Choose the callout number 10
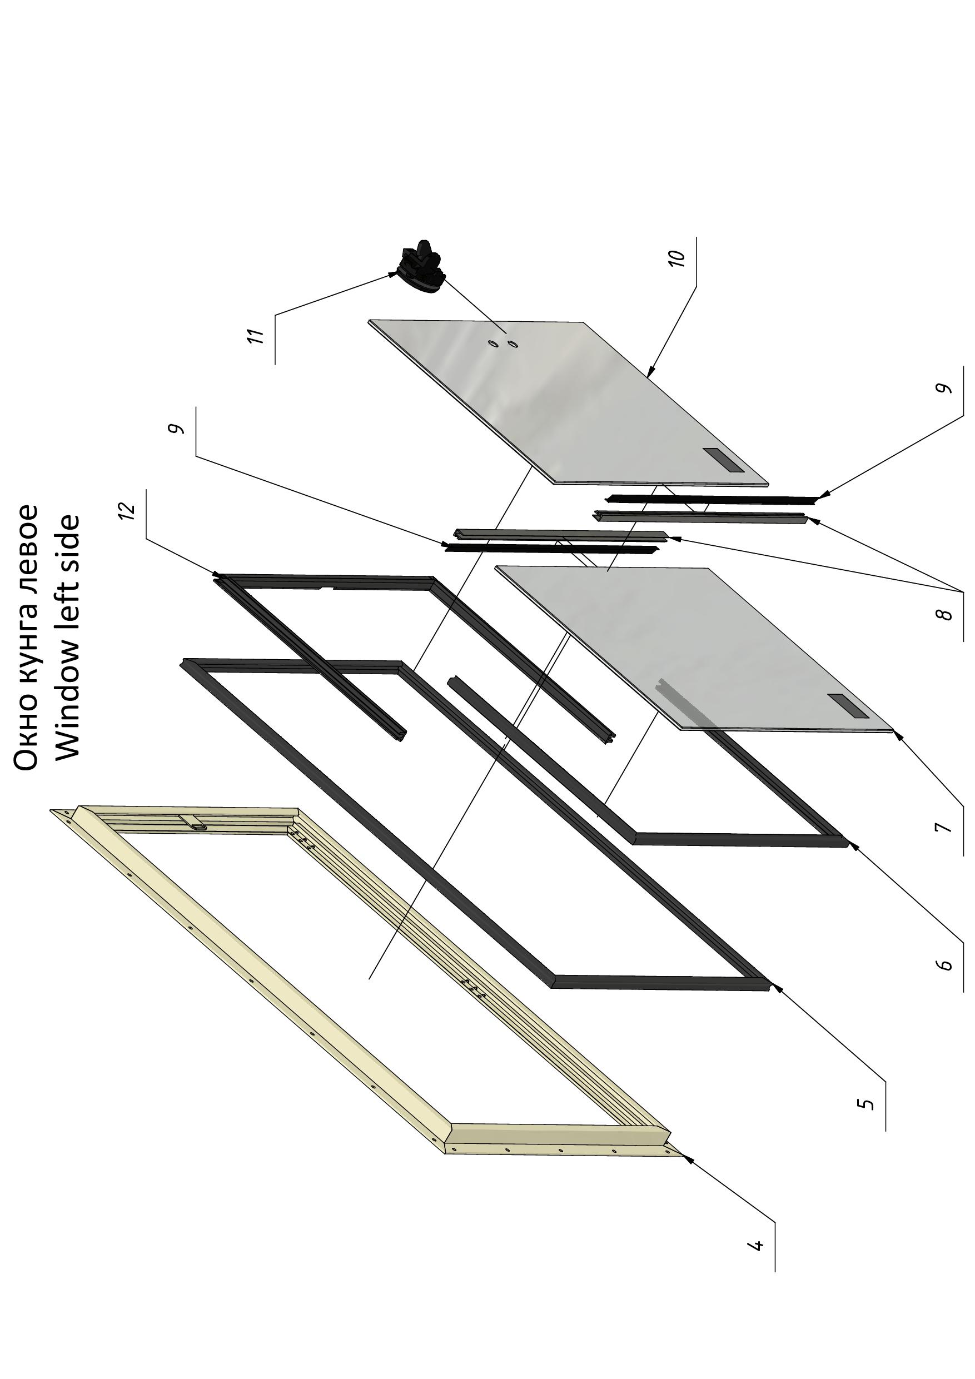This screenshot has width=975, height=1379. tap(676, 258)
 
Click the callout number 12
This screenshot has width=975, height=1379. tap(127, 510)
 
